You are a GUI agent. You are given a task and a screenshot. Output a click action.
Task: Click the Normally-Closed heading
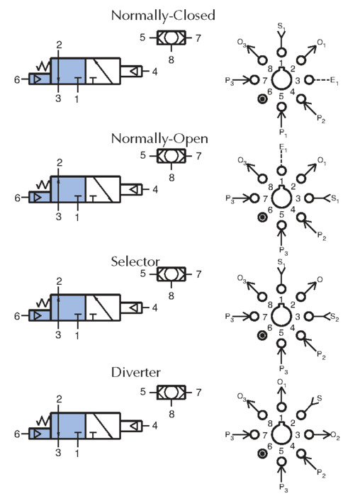163,16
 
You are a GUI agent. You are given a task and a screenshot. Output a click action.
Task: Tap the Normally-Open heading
159,139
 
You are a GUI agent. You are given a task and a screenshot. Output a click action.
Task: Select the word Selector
135,261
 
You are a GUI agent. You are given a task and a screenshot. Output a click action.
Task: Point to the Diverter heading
136,372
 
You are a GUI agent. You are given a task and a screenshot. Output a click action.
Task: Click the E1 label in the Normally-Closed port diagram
334,81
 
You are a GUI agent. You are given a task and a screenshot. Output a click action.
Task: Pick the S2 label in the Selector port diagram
334,317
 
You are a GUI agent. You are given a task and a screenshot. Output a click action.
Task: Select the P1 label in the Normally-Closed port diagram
283,133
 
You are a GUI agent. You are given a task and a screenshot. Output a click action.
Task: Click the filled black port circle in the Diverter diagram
262,454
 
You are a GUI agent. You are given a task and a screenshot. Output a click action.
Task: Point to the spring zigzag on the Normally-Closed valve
43,66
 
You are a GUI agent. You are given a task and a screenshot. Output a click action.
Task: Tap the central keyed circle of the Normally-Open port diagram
281,198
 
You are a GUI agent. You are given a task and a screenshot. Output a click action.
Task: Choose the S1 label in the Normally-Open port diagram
334,199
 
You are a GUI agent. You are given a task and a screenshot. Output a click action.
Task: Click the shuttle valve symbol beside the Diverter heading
171,393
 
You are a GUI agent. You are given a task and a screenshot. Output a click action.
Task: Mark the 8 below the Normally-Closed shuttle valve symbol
171,60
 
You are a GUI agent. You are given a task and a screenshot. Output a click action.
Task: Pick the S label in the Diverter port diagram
319,398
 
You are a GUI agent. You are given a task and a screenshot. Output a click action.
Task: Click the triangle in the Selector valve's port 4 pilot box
134,308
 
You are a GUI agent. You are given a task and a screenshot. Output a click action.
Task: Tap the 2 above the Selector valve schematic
59,281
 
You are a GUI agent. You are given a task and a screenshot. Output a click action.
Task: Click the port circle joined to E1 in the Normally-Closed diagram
309,80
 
